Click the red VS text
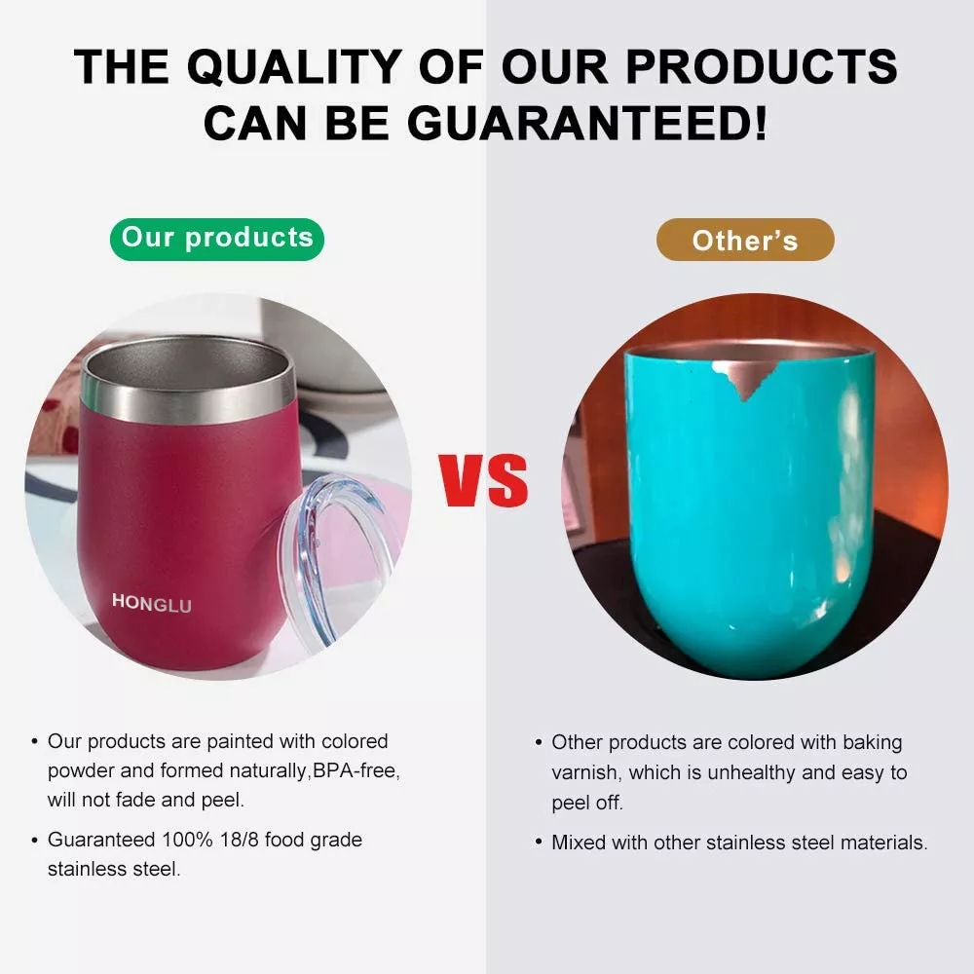pyautogui.click(x=483, y=479)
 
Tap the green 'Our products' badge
pyautogui.click(x=217, y=240)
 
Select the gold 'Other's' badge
pyautogui.click(x=745, y=240)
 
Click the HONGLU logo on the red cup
pyautogui.click(x=152, y=603)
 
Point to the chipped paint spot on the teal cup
pyautogui.click(x=743, y=378)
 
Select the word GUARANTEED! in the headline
pyautogui.click(x=587, y=123)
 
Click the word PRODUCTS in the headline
pyautogui.click(x=762, y=66)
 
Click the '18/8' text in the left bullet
pyautogui.click(x=240, y=840)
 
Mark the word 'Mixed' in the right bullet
pyautogui.click(x=579, y=843)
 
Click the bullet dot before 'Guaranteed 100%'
pyautogui.click(x=34, y=841)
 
